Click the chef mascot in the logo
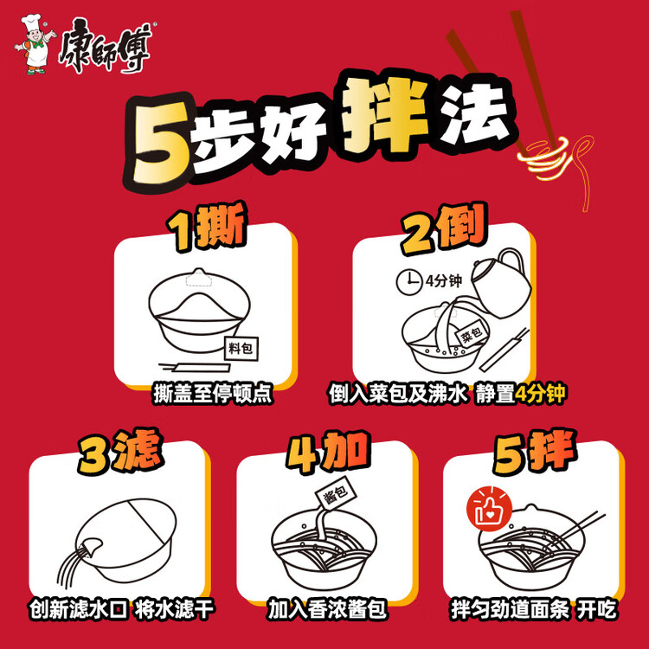[x=35, y=45]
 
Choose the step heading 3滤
[x=120, y=452]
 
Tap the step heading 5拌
[x=535, y=452]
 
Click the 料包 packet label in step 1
[x=241, y=349]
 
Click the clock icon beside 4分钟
[x=409, y=282]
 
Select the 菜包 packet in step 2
[x=472, y=333]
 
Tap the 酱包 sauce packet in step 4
[x=336, y=494]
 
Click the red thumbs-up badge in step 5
[x=489, y=510]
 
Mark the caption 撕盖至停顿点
[x=213, y=394]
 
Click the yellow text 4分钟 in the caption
[x=540, y=393]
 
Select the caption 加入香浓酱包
[x=327, y=609]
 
